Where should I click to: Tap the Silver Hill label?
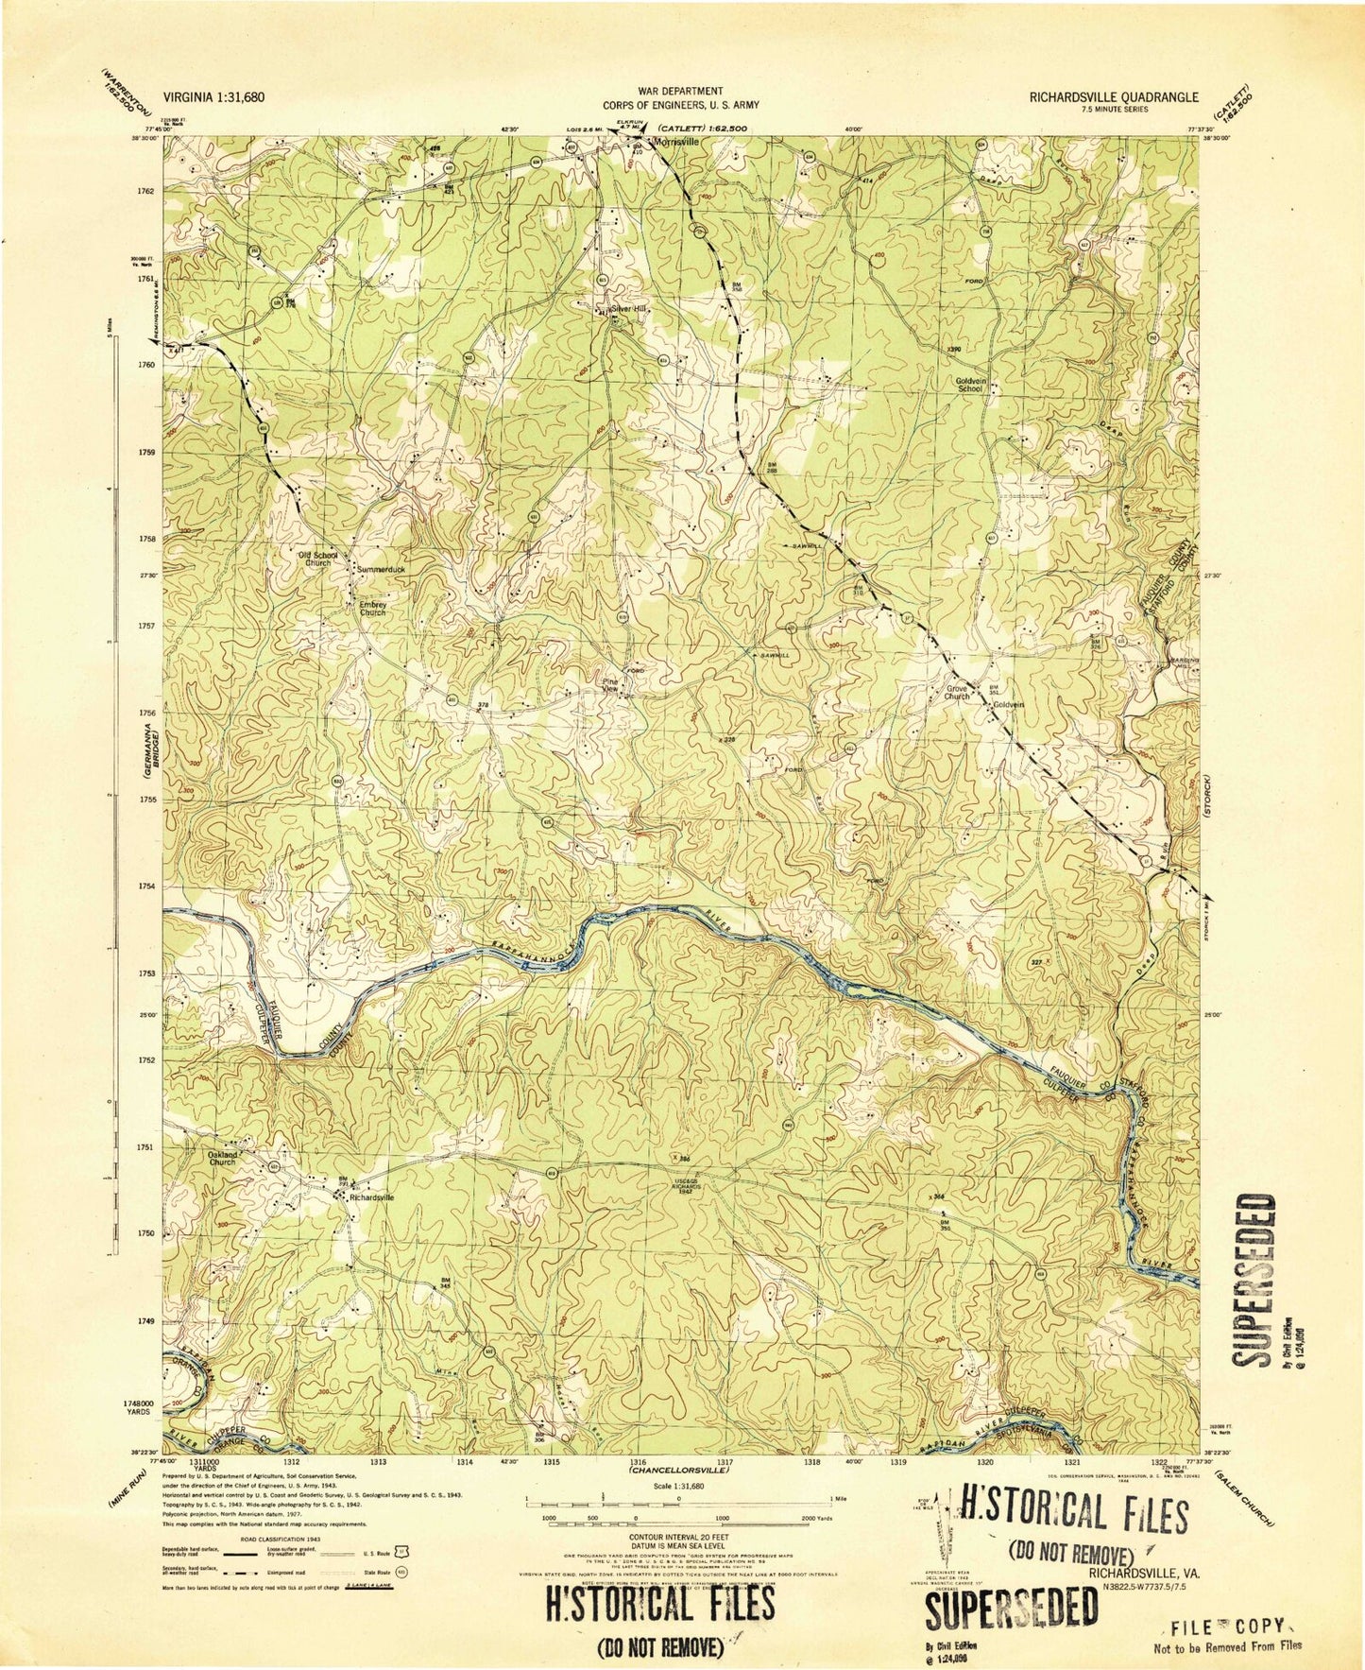tap(629, 308)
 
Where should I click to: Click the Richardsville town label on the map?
tap(371, 1197)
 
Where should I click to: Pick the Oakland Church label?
tap(222, 1158)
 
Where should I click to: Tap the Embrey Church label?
tap(373, 609)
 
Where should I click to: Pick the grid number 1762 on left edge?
tap(145, 192)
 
